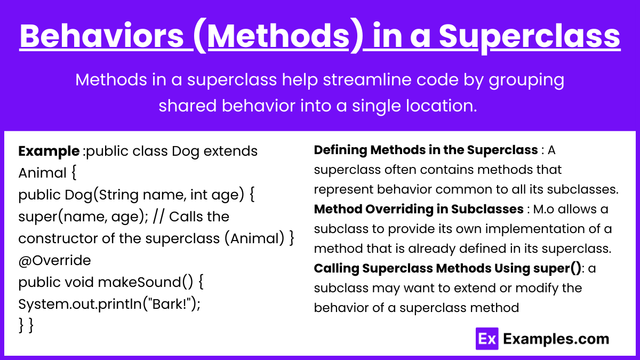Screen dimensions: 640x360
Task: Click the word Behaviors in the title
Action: (x=102, y=36)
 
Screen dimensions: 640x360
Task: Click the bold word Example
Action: (x=49, y=151)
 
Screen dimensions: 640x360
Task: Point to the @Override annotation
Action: (x=54, y=260)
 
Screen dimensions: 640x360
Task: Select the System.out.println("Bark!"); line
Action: (x=109, y=304)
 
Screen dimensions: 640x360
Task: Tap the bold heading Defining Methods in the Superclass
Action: (x=426, y=150)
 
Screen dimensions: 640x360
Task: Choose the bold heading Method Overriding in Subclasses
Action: (x=419, y=209)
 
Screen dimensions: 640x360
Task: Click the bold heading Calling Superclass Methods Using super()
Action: (x=447, y=268)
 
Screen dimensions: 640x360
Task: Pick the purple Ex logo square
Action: (x=487, y=339)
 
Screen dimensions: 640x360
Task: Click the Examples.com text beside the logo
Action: (x=556, y=339)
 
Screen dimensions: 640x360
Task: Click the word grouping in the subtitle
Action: (x=526, y=80)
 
